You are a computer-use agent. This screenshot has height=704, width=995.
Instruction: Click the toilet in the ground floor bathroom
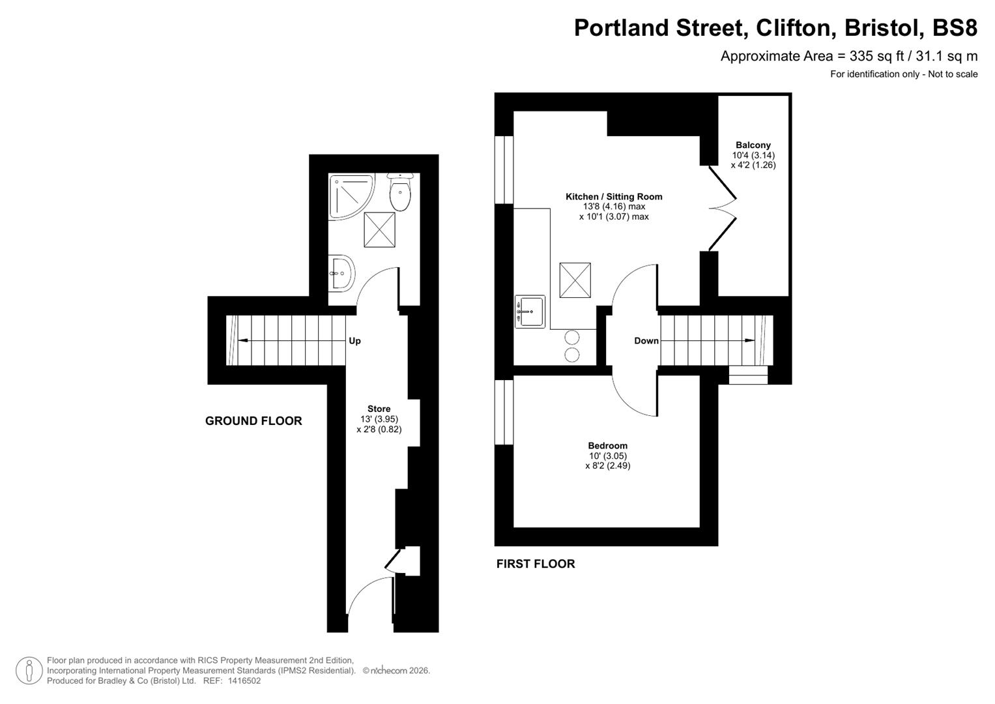tap(399, 193)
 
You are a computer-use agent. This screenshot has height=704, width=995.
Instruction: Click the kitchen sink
tap(530, 312)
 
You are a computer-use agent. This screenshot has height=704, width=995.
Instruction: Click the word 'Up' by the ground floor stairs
tap(354, 341)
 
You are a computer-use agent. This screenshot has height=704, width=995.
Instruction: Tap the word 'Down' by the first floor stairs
tap(646, 341)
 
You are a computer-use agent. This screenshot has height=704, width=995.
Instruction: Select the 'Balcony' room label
tap(753, 145)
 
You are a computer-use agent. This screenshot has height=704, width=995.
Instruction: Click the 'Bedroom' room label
tap(607, 446)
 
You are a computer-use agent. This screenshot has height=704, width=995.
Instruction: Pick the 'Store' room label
tap(379, 409)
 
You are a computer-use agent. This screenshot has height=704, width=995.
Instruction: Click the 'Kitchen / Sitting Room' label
tap(614, 197)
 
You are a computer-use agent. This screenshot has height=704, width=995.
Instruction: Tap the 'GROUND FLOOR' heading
tap(253, 421)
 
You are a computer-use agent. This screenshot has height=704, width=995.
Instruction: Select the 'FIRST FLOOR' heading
tap(536, 564)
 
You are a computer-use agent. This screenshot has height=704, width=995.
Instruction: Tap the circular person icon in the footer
tap(29, 671)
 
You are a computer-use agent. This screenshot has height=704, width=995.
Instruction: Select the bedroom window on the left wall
tap(504, 412)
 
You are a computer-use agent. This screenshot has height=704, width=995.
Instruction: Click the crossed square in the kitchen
tap(575, 280)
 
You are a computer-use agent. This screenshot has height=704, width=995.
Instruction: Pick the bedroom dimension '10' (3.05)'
tap(607, 456)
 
